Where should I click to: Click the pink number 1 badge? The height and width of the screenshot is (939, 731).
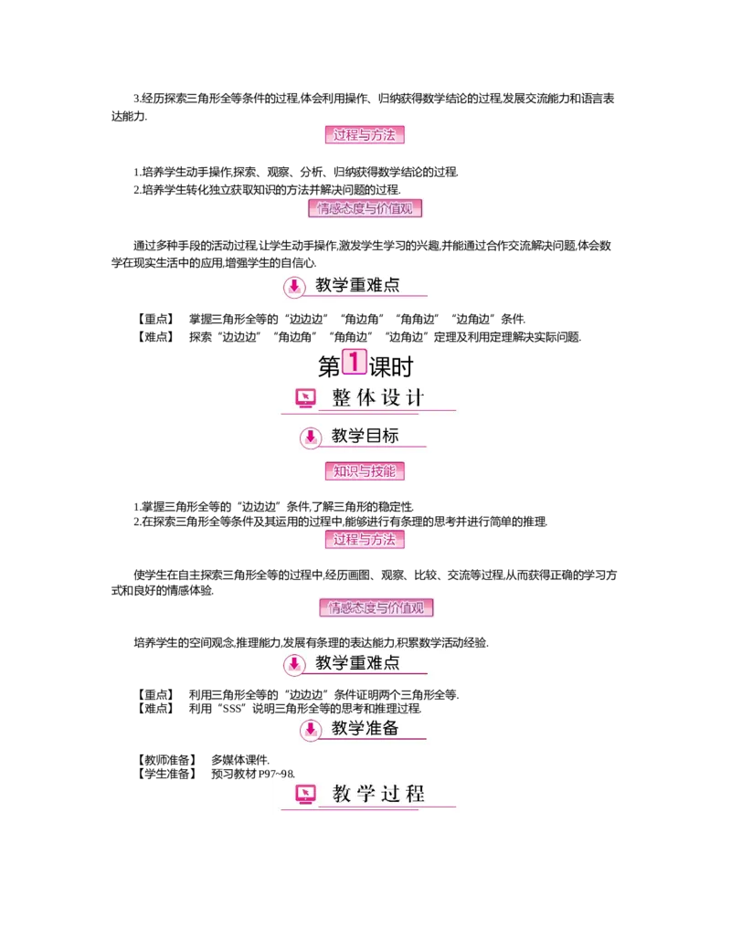(354, 361)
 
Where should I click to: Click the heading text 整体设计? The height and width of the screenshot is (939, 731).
(378, 398)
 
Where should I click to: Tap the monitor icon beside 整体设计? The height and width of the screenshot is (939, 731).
(306, 397)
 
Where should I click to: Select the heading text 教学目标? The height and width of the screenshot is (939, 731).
(365, 436)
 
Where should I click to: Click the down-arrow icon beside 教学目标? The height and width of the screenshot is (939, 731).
(311, 438)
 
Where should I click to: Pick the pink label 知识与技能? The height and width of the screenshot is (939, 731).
(365, 471)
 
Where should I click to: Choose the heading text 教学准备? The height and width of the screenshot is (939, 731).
(365, 728)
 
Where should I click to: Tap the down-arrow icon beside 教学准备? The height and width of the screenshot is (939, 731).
(311, 729)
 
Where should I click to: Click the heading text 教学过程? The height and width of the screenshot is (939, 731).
(378, 794)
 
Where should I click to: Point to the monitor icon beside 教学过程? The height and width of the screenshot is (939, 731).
(306, 794)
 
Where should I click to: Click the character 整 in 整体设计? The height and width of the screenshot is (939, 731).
(342, 398)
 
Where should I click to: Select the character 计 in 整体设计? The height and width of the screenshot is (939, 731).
(415, 398)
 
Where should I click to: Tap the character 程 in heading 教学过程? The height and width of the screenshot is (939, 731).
(415, 794)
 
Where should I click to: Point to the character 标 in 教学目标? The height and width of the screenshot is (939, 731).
(390, 436)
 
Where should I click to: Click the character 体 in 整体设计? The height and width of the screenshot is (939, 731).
(365, 398)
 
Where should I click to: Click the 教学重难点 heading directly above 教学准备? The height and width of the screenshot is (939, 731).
(357, 662)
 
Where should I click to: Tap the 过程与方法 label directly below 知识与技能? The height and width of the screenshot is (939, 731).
(365, 540)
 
